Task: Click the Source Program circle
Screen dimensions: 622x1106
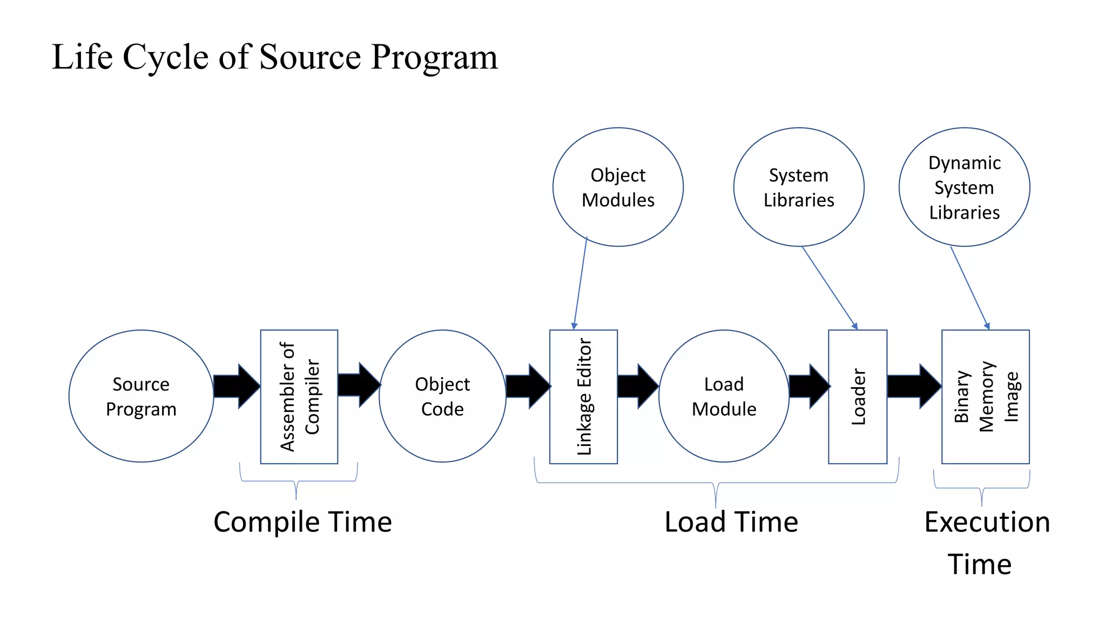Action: (x=141, y=396)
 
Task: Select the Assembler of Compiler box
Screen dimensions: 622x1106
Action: (x=299, y=396)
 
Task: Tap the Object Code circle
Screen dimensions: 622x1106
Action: (x=442, y=396)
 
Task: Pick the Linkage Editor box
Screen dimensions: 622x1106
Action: (x=583, y=396)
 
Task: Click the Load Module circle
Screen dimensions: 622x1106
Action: (x=724, y=396)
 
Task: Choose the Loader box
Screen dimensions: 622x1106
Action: (x=858, y=396)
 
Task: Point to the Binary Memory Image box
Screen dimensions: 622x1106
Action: (x=986, y=396)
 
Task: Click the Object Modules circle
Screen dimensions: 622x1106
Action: (x=618, y=187)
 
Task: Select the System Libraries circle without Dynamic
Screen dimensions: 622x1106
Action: (x=799, y=187)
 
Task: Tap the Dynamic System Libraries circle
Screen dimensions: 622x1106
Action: (x=964, y=187)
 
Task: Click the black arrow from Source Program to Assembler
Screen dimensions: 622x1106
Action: (x=237, y=386)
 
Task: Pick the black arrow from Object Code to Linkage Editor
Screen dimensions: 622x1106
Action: (x=528, y=386)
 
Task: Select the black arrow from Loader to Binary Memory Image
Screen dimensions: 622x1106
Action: (x=913, y=386)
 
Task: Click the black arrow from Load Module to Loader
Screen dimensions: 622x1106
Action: (x=808, y=386)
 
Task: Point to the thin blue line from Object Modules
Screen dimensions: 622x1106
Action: (x=581, y=281)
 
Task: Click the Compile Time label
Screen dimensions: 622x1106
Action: (x=302, y=522)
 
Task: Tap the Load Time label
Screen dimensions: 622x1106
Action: (x=731, y=522)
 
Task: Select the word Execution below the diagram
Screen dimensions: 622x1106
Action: (x=987, y=522)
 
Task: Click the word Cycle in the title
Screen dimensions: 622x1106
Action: (x=166, y=57)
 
